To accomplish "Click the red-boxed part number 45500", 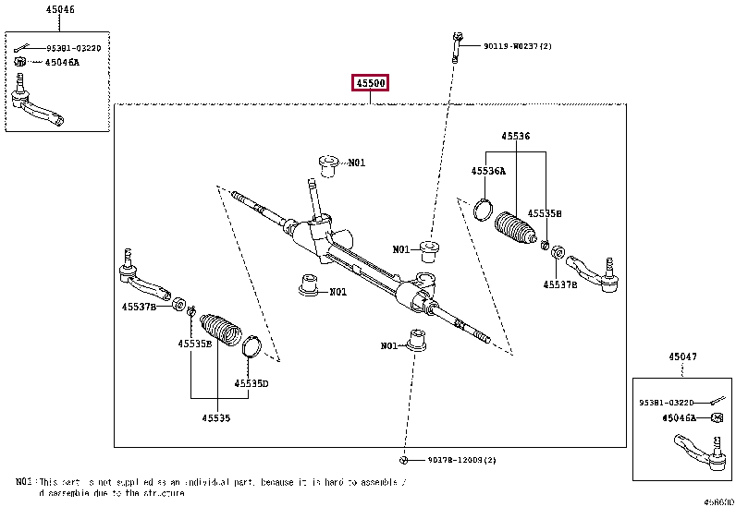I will [370, 84].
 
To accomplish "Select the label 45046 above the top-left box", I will [60, 9].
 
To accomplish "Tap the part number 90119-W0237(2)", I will [517, 45].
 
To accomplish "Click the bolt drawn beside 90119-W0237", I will [457, 45].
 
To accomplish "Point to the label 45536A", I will [488, 171].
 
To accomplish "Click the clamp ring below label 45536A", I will [482, 210].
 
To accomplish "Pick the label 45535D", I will [251, 383].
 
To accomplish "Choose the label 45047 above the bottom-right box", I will [683, 356].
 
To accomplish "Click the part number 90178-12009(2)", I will [461, 460].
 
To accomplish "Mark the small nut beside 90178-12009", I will [404, 459].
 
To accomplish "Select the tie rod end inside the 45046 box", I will [43, 105].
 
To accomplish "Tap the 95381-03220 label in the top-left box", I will [73, 46].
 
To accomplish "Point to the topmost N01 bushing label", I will [356, 163].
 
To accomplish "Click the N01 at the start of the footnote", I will [24, 482].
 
